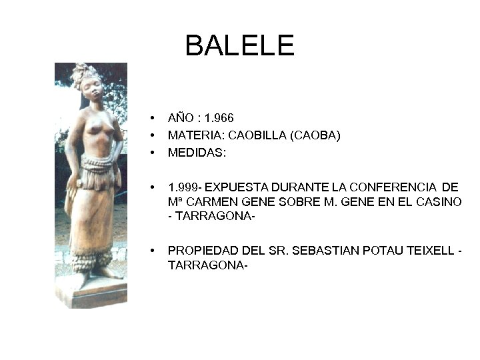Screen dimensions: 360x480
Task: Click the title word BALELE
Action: [x=239, y=45]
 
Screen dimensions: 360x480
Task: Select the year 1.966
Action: [x=219, y=118]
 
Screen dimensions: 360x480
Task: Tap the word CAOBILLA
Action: [x=256, y=135]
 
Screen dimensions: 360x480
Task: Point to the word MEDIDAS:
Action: [x=197, y=153]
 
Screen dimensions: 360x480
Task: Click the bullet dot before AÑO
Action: [x=153, y=119]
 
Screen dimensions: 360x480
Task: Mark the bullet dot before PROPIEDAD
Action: [x=153, y=251]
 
